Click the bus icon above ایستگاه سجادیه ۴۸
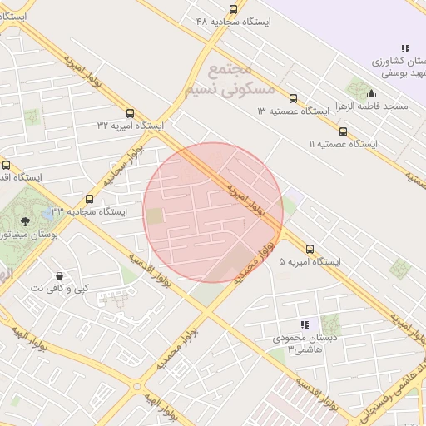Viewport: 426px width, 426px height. [x=232, y=9]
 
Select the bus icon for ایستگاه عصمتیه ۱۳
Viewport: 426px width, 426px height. [x=292, y=98]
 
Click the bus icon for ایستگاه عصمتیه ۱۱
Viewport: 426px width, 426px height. [x=343, y=131]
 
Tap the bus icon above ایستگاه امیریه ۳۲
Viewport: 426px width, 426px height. [x=130, y=113]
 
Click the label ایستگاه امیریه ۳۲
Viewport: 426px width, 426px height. [x=131, y=125]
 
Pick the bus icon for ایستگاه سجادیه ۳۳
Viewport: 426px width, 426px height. [x=89, y=199]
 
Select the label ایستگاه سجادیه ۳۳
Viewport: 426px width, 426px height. [x=90, y=211]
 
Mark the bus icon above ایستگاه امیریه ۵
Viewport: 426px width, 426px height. [x=310, y=249]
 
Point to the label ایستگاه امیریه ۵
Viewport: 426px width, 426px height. [x=310, y=261]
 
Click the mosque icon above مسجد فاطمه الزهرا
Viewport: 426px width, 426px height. [x=371, y=94]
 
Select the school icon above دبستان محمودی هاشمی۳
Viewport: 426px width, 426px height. [x=305, y=324]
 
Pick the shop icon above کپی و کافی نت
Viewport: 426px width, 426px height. [x=59, y=275]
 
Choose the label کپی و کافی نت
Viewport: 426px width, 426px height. [x=59, y=288]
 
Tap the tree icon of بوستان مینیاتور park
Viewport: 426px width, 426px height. [x=25, y=220]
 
